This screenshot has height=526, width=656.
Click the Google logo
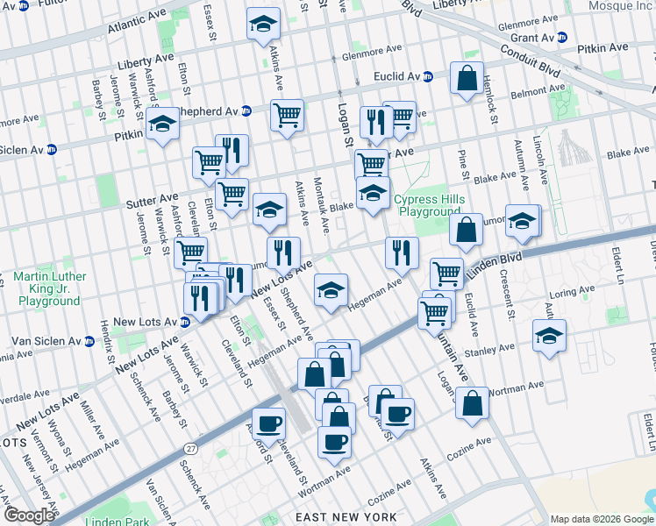click(x=30, y=515)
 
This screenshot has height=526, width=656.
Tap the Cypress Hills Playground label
click(x=429, y=205)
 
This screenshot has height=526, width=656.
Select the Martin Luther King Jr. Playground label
click(x=49, y=289)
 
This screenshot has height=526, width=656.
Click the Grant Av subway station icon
click(x=562, y=38)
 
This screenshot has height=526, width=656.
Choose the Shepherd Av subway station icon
click(x=246, y=111)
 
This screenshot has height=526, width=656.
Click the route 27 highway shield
click(x=191, y=448)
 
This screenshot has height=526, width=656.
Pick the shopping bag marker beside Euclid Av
click(x=467, y=79)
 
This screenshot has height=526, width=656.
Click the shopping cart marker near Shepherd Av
click(x=287, y=114)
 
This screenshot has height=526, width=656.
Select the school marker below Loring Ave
click(x=549, y=335)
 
